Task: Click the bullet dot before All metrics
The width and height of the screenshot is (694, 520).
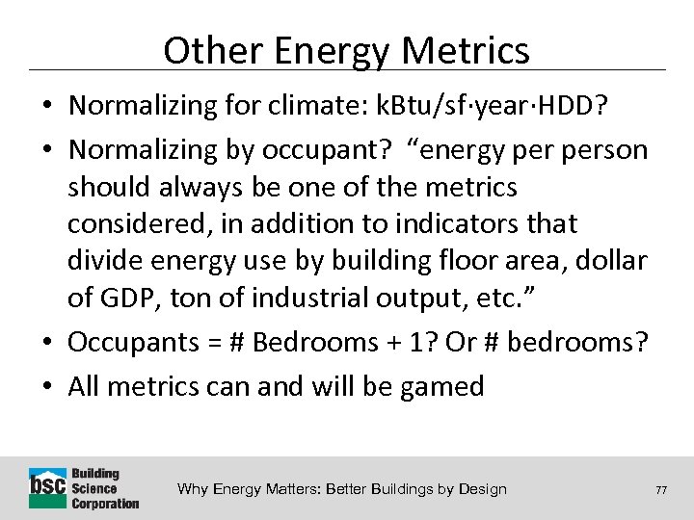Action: click(49, 387)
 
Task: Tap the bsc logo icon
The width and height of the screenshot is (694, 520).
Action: click(48, 487)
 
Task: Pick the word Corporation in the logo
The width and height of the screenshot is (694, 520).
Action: click(106, 503)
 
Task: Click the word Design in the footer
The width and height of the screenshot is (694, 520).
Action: click(481, 489)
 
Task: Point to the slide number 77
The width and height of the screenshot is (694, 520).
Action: click(660, 490)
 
